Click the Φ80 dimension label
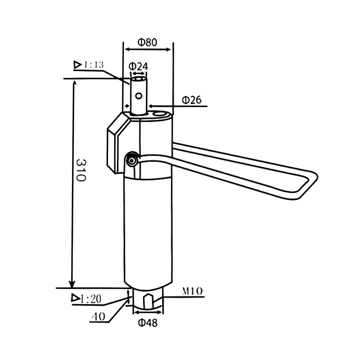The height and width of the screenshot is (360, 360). point(147,42)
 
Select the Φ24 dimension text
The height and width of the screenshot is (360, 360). point(139,66)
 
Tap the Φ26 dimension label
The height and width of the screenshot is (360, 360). point(191,99)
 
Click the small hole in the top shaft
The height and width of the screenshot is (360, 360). point(140,95)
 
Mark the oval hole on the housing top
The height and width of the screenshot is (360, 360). point(158,115)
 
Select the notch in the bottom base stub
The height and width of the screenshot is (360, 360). point(148,299)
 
